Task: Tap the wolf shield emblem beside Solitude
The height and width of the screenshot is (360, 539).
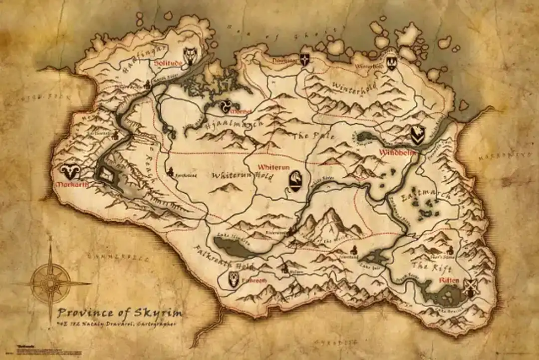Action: pyautogui.click(x=190, y=56)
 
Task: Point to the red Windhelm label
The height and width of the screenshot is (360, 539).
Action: pyautogui.click(x=397, y=152)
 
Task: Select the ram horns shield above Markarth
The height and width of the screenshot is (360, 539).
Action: pyautogui.click(x=70, y=172)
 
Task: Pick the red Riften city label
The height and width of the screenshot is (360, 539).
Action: pyautogui.click(x=449, y=281)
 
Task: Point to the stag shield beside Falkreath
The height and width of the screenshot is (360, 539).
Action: pyautogui.click(x=234, y=280)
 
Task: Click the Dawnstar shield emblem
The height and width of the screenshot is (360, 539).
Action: pyautogui.click(x=304, y=59)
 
